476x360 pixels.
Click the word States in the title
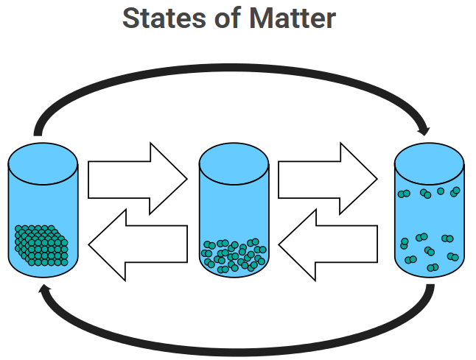[161, 18]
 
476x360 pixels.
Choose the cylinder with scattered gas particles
[429, 221]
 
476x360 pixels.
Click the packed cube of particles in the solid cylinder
[41, 245]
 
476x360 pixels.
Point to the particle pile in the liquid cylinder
[234, 255]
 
